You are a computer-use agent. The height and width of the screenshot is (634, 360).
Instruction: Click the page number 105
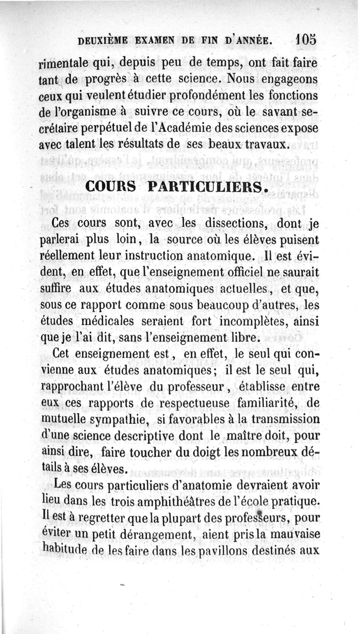(x=306, y=39)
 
